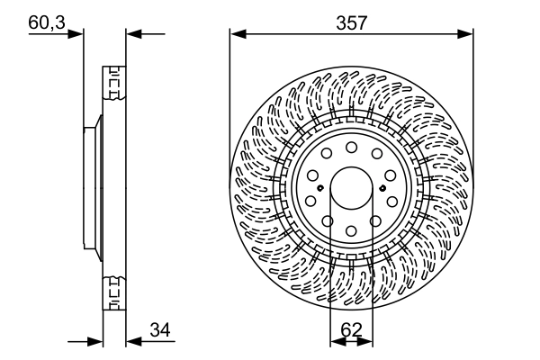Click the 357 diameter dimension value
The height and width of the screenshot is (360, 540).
pos(351,23)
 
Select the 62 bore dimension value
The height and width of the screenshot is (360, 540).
pos(351,330)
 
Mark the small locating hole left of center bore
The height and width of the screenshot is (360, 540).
pos(319,187)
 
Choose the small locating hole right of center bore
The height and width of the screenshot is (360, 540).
pos(383,187)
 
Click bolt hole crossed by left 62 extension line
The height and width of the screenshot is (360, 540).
pos(329,223)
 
